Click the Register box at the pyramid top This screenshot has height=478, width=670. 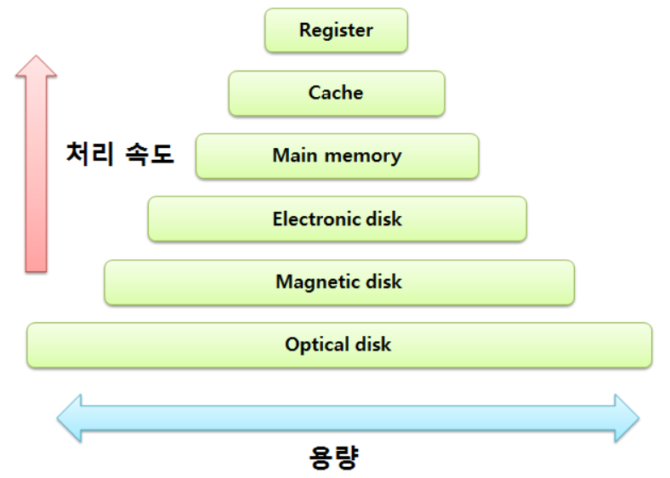(x=336, y=31)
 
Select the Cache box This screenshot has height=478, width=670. (x=336, y=93)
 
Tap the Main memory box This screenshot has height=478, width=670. (x=337, y=156)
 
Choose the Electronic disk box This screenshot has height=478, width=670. (x=337, y=219)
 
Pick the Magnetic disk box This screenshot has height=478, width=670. (x=338, y=282)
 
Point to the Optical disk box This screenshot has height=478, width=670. (x=338, y=344)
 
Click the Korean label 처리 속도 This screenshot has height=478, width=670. (x=120, y=154)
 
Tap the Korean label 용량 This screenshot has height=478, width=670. (x=333, y=458)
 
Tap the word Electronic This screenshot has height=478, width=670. (x=313, y=219)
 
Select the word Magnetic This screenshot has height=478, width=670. (x=314, y=282)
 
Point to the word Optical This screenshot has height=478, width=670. (x=313, y=344)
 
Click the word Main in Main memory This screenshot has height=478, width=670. (x=293, y=156)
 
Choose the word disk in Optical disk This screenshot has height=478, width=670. (x=373, y=344)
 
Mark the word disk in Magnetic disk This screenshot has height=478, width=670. (x=383, y=282)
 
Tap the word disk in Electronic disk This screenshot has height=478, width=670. (x=383, y=219)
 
